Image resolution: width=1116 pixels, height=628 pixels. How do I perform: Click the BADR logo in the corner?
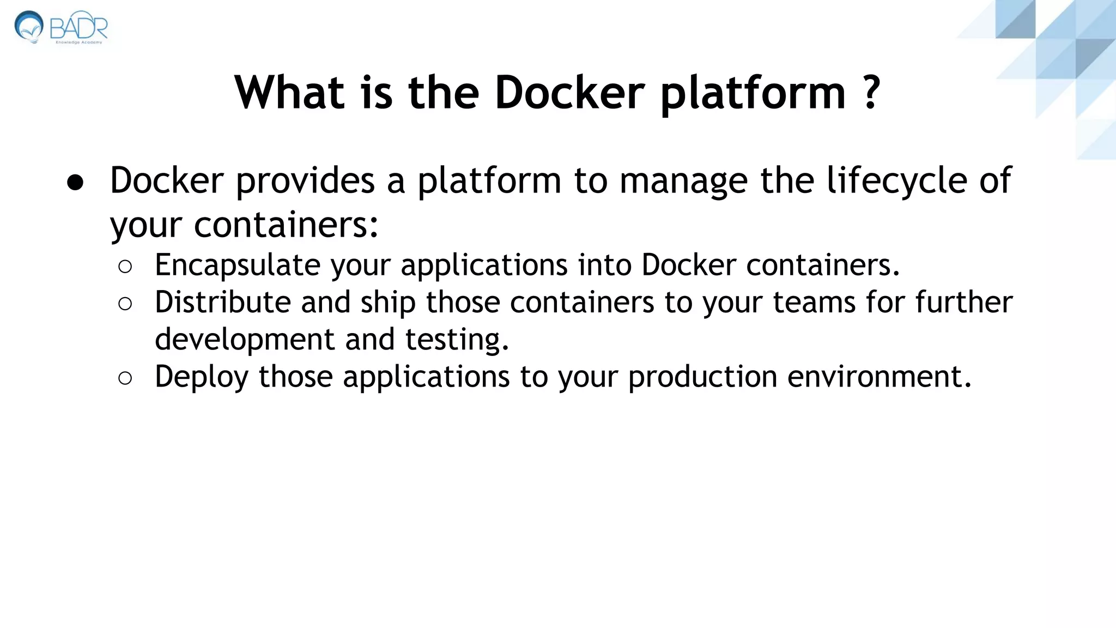click(61, 27)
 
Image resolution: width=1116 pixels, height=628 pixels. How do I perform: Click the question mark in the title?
click(871, 93)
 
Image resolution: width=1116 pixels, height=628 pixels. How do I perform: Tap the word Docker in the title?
click(569, 93)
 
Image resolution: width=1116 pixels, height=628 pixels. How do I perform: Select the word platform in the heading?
click(753, 94)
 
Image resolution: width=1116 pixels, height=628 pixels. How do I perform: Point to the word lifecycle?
click(897, 181)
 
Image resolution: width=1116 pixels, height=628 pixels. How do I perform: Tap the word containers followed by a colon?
click(286, 225)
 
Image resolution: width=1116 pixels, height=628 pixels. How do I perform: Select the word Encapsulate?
click(238, 265)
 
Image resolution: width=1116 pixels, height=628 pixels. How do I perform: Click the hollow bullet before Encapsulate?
click(125, 267)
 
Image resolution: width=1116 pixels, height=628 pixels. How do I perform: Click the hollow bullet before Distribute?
click(125, 304)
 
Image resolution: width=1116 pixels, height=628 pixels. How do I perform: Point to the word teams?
click(814, 303)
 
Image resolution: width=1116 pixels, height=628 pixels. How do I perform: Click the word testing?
click(457, 340)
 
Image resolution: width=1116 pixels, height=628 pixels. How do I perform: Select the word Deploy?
click(201, 377)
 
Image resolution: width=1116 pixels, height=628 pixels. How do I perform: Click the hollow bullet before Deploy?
click(125, 378)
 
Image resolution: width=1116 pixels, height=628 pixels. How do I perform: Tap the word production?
click(702, 377)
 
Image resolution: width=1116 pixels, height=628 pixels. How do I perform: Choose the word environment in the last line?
click(879, 377)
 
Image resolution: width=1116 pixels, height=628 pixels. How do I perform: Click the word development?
click(244, 340)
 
